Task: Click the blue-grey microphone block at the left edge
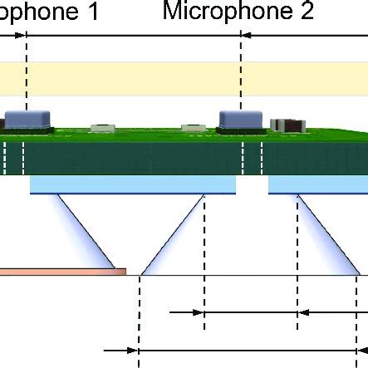click(17, 121)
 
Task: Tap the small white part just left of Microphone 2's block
click(193, 127)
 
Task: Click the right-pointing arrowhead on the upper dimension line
click(199, 313)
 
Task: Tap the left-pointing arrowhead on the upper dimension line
click(302, 313)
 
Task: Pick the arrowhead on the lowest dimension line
click(133, 351)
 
